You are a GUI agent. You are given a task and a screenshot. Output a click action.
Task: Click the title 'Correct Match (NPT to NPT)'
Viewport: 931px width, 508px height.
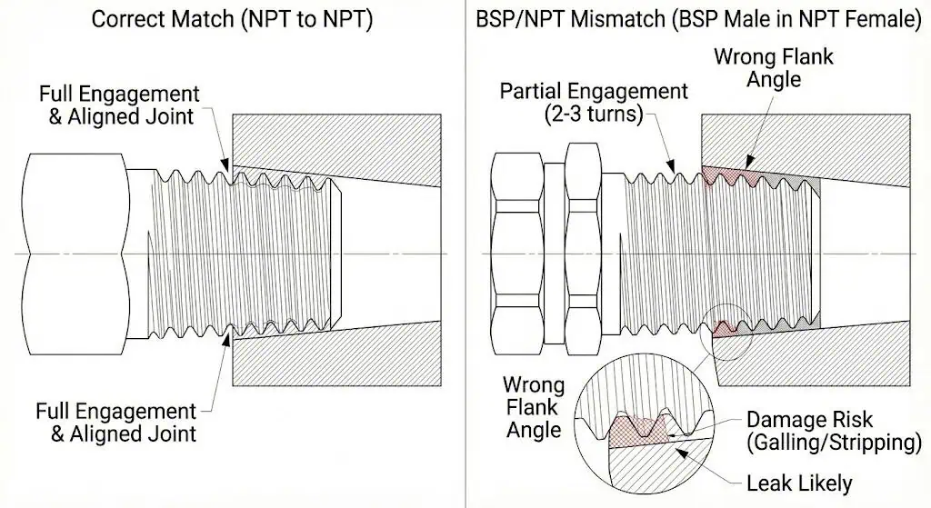tap(231, 19)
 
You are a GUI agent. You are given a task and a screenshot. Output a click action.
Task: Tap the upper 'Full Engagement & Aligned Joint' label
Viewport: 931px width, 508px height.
tap(118, 105)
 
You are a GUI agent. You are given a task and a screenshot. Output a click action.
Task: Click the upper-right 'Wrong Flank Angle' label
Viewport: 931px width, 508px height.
tap(774, 67)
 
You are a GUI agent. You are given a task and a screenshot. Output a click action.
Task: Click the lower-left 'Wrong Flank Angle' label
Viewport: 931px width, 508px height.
tap(534, 407)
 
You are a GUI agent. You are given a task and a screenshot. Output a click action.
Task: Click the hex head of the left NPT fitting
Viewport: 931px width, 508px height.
tap(73, 253)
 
